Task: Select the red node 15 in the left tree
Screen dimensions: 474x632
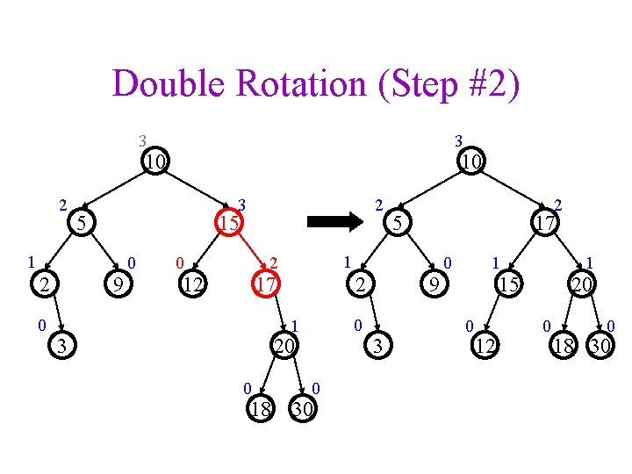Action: (229, 224)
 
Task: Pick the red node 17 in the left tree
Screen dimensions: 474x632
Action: (266, 284)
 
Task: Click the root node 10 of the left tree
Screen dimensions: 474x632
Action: (156, 162)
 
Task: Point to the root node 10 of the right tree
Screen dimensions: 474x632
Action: (471, 162)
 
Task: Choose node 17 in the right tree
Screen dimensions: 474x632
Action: (544, 224)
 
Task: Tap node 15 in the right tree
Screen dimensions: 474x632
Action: (508, 284)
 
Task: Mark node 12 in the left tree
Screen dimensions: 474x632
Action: (193, 284)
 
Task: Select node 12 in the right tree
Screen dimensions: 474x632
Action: (484, 346)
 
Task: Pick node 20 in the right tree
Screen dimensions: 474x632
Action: (580, 284)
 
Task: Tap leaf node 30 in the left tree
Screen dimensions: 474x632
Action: (303, 408)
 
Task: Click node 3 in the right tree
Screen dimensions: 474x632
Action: (377, 346)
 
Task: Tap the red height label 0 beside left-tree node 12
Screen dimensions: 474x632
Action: (179, 262)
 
